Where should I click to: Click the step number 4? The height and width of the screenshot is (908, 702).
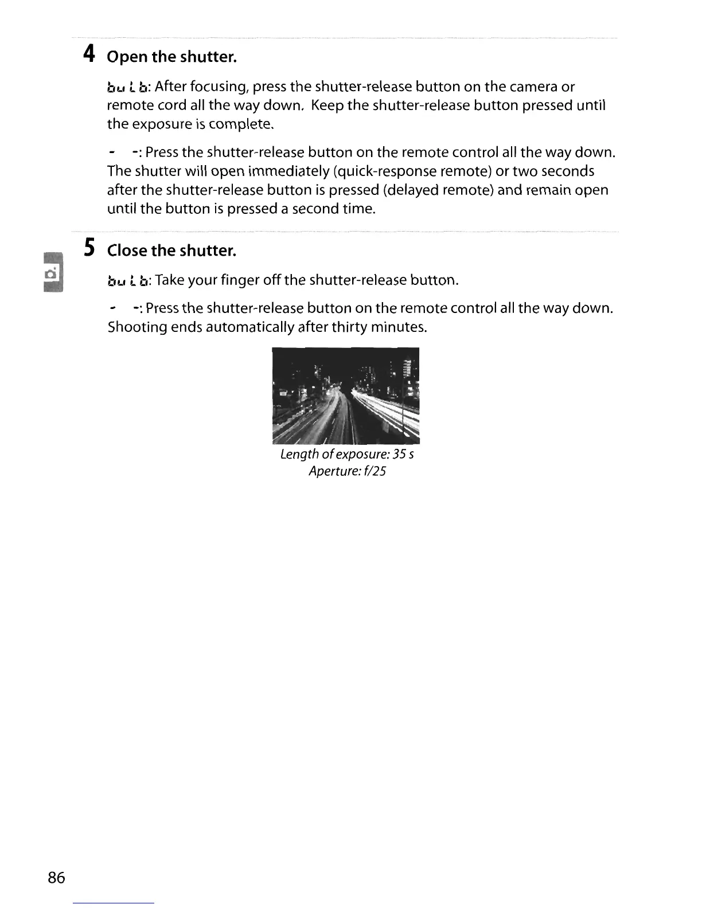[88, 54]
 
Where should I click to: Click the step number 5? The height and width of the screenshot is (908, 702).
[88, 248]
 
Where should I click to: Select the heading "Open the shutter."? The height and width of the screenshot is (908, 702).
[171, 57]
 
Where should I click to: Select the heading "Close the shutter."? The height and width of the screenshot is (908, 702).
[171, 251]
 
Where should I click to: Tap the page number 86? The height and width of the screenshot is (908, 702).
[57, 878]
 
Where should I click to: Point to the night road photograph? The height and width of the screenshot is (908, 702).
[346, 396]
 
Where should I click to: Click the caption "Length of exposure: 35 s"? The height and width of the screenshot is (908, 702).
[347, 455]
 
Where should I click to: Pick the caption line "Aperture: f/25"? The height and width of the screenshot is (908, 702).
[347, 472]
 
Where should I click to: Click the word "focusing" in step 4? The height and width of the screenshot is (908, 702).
[218, 87]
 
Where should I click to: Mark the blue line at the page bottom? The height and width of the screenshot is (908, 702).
[114, 903]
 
